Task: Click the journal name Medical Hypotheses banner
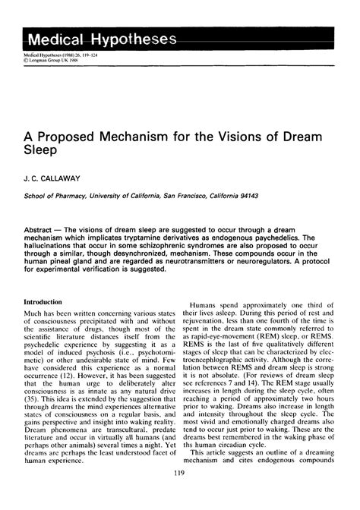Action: pyautogui.click(x=101, y=39)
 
